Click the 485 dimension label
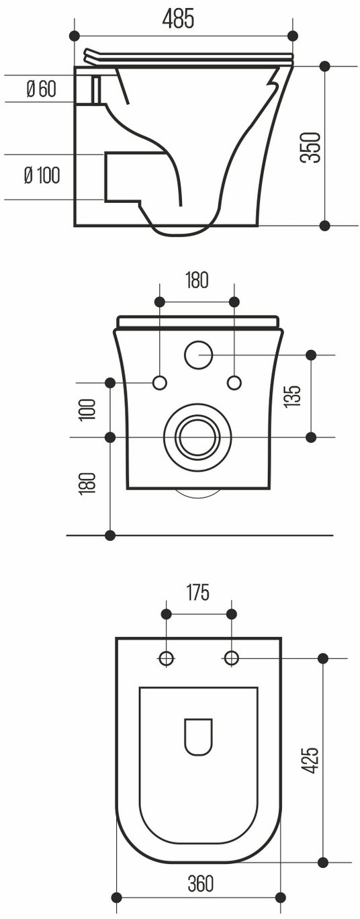click(x=177, y=19)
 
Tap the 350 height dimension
click(x=310, y=147)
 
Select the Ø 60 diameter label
click(x=42, y=89)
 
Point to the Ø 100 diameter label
click(x=42, y=175)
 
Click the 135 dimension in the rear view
click(x=292, y=396)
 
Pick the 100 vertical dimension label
click(x=88, y=409)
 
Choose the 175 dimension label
click(x=198, y=593)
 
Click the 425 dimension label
click(x=310, y=760)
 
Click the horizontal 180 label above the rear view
click(x=197, y=280)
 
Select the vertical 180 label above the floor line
click(x=88, y=483)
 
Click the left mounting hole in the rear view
click(x=159, y=383)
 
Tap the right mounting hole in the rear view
click(x=234, y=383)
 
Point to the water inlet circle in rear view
click(x=198, y=355)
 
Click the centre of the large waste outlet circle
click(x=197, y=437)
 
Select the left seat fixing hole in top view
click(x=166, y=658)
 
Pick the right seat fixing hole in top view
click(x=232, y=658)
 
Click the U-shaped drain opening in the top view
click(x=198, y=737)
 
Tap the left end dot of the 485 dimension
click(x=74, y=36)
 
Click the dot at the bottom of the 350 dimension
click(x=324, y=225)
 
